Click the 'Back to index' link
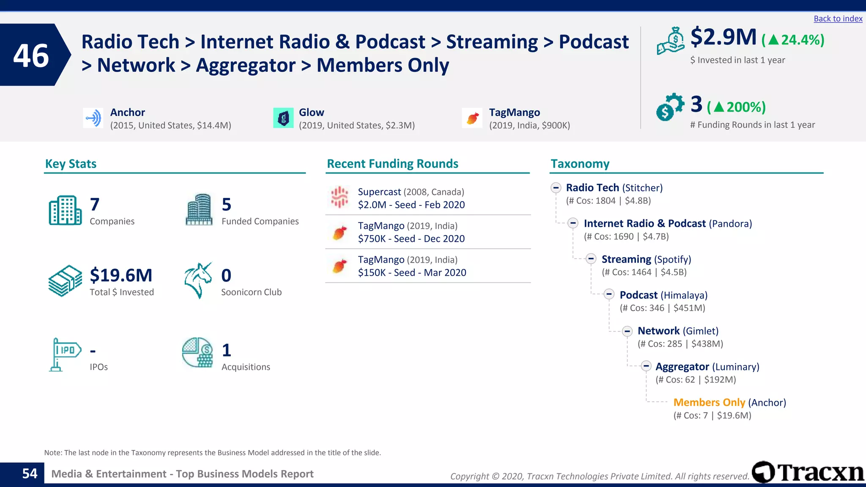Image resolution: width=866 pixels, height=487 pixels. [838, 19]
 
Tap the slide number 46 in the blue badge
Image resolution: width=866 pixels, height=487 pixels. [31, 55]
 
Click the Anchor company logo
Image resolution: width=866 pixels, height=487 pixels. [93, 118]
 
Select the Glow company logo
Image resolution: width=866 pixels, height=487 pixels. [283, 118]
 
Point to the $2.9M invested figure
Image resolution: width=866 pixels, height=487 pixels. [723, 37]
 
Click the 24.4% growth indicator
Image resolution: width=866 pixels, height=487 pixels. [793, 40]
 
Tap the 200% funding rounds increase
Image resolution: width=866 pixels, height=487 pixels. [737, 107]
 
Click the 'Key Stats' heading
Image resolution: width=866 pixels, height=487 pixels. [71, 164]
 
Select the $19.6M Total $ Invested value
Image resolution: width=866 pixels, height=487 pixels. [121, 275]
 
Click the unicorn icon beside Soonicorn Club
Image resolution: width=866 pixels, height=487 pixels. [198, 280]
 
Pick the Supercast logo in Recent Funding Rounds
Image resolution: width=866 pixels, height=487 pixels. [339, 197]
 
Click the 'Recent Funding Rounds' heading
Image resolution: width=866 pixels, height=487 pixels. [392, 164]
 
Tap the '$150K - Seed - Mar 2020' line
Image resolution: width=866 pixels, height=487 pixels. [412, 273]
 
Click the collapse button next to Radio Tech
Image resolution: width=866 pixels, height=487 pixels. [556, 188]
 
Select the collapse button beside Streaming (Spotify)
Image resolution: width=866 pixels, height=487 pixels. [591, 259]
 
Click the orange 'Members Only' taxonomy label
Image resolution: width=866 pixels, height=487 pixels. [709, 402]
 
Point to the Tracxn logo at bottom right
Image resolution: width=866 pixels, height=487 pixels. [808, 472]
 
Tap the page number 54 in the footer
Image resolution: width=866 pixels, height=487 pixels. [30, 473]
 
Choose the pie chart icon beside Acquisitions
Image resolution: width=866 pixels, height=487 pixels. [197, 353]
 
